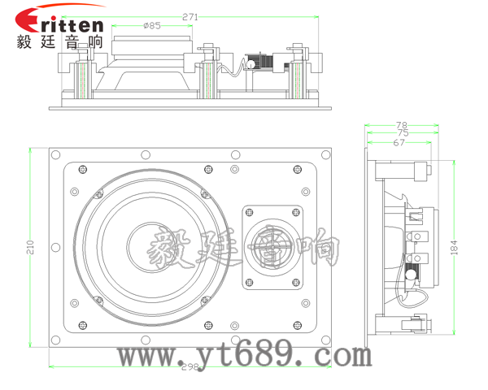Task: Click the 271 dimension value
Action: (x=190, y=17)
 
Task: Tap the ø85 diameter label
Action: (x=152, y=25)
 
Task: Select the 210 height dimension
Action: (x=31, y=247)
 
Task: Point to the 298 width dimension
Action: (x=190, y=367)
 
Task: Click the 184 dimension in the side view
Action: (x=455, y=248)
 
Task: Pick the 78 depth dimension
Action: (x=402, y=125)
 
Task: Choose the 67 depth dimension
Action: (x=399, y=143)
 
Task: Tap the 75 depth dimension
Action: (x=403, y=133)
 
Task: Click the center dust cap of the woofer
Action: (x=152, y=247)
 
